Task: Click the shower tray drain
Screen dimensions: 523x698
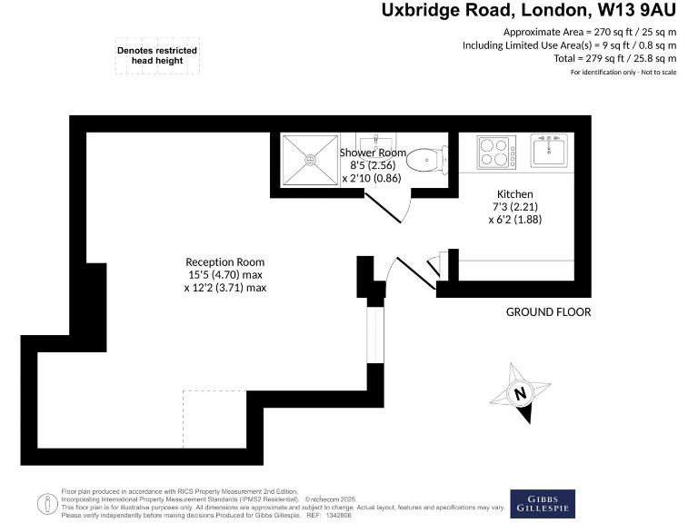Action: [311, 159]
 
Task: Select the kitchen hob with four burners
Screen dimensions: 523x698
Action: [496, 152]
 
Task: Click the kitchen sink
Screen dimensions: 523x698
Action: [551, 151]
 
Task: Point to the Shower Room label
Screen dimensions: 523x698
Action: [373, 153]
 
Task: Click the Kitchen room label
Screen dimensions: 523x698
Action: [514, 194]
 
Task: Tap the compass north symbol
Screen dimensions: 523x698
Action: [520, 393]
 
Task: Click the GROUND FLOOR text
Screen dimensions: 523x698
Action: [548, 312]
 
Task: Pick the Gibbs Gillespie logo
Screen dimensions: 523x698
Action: [542, 502]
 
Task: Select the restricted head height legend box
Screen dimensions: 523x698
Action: [156, 55]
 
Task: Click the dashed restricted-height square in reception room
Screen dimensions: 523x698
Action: [215, 419]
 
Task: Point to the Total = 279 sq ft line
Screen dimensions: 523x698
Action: [614, 58]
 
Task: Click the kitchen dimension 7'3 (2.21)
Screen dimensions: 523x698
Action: [514, 207]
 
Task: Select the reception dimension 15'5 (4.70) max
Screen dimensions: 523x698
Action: [225, 275]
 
